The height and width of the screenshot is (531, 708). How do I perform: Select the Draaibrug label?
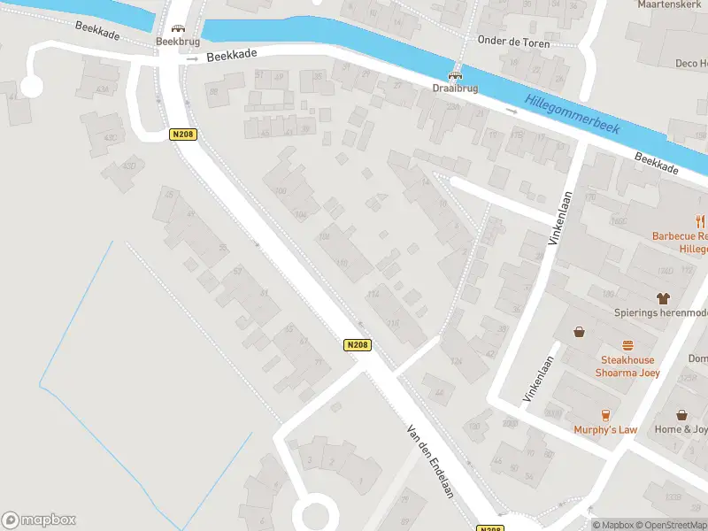pos(456,88)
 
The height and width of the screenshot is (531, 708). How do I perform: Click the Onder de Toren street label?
pos(513,42)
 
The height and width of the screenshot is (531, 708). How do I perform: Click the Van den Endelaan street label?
pos(430,459)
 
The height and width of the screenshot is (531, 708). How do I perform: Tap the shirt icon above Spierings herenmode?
pos(662,299)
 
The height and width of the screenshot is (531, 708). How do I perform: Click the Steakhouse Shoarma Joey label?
pos(627,366)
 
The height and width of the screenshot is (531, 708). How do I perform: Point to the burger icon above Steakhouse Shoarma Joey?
pos(628,346)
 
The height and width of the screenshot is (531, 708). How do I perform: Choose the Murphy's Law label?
pos(605,430)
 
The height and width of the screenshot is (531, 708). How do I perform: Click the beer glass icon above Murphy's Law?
pos(606,415)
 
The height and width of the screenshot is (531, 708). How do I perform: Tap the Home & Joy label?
pos(681,430)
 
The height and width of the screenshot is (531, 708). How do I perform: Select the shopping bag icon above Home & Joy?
pos(681,415)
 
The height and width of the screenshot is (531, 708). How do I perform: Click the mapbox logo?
pos(39,520)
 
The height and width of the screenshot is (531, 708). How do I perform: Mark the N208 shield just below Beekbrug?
pos(182,135)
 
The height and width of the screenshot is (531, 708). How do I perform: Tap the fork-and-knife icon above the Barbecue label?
pos(700,222)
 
